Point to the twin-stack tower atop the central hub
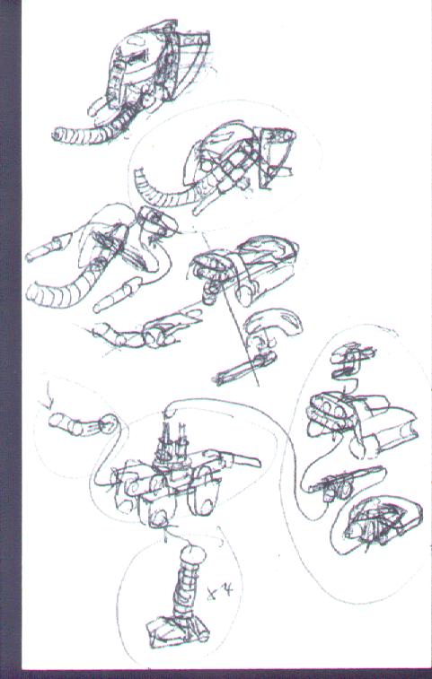[172, 441]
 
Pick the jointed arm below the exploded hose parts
[135, 336]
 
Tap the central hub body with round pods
[162, 489]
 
